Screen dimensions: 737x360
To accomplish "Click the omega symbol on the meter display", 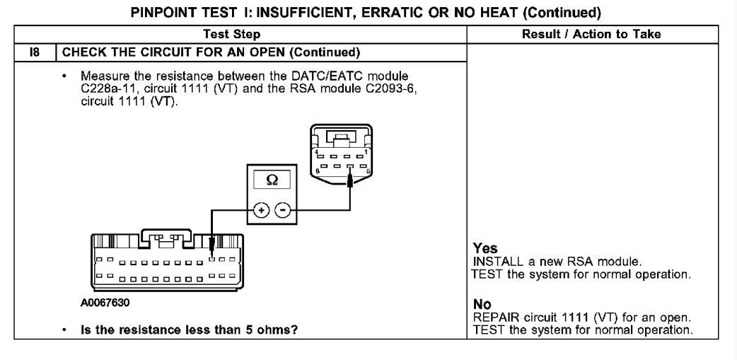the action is click(x=272, y=180).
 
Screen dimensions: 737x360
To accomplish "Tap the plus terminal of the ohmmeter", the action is click(x=261, y=209).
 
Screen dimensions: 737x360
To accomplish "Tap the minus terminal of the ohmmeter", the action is click(x=282, y=209).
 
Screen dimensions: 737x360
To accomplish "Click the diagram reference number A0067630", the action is click(x=105, y=302).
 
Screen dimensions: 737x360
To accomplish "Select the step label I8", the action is click(x=35, y=52).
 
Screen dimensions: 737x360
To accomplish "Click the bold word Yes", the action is click(x=485, y=248).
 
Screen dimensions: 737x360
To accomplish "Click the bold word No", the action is click(x=482, y=304).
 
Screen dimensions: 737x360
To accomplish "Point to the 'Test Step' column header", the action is click(x=232, y=34).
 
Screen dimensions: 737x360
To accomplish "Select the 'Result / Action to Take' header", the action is click(x=591, y=34).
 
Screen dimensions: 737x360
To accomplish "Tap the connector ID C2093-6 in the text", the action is click(x=391, y=88).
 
